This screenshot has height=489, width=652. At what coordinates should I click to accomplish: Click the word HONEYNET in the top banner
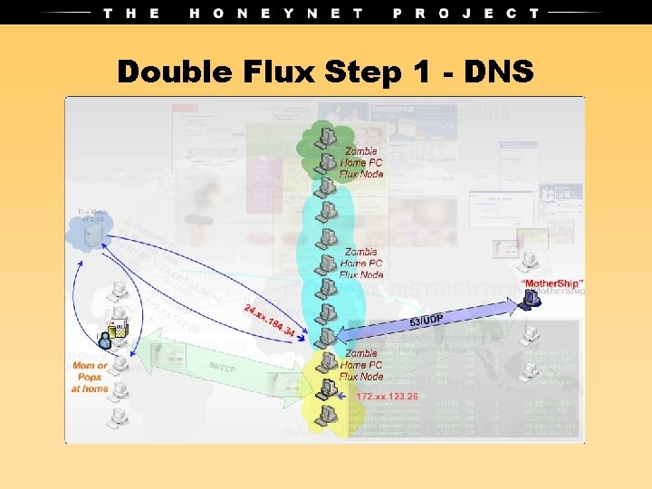click(276, 13)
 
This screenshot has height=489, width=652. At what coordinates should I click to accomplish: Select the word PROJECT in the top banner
click(465, 13)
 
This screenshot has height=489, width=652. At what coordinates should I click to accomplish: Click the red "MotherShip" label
click(552, 283)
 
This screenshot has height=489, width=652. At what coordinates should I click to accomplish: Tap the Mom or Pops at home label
click(90, 378)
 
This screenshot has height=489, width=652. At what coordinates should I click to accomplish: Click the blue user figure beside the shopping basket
click(106, 340)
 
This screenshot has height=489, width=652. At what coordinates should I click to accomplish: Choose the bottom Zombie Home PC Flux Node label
click(361, 365)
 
